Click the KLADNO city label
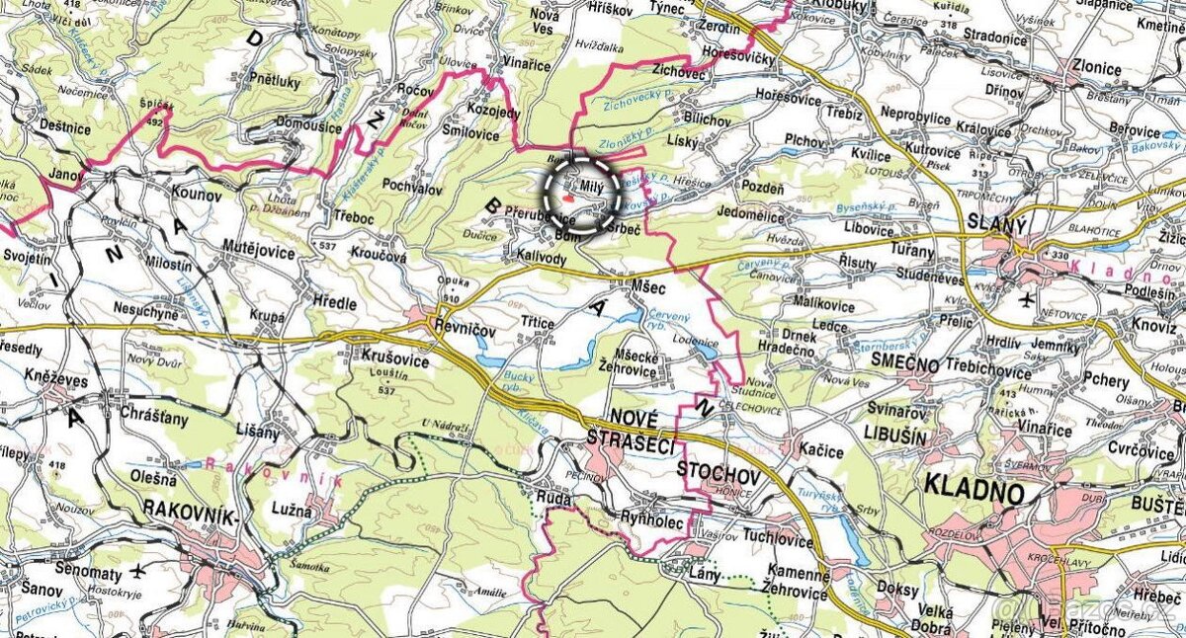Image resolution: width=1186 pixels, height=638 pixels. (974, 485)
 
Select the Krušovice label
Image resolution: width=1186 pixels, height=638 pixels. (395, 361)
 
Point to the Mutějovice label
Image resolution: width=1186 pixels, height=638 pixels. (259, 252)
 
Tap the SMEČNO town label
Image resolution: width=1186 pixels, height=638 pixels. (904, 363)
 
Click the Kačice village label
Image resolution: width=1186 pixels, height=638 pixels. (822, 451)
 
